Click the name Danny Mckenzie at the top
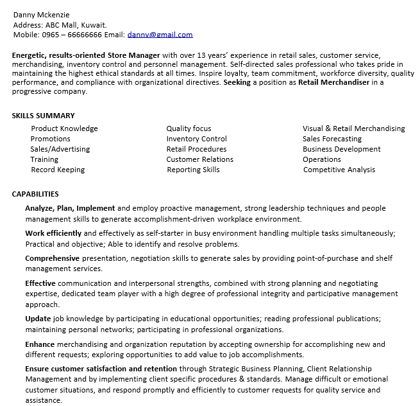[41, 15]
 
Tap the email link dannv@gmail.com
[160, 35]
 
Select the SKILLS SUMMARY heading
[43, 116]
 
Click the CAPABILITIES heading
[35, 194]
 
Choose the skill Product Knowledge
[64, 128]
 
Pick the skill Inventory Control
[196, 139]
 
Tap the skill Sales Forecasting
[332, 139]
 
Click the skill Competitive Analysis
[339, 170]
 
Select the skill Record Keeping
[58, 170]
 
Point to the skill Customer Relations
[199, 159]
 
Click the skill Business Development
[342, 149]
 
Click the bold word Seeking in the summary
[237, 82]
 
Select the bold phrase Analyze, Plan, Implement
[70, 208]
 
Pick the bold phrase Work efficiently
[53, 233]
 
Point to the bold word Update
[37, 318]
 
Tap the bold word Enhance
[40, 344]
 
